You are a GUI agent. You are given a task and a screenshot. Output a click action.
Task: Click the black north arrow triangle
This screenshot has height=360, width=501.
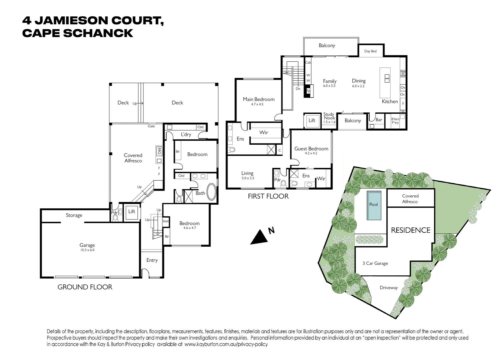259,237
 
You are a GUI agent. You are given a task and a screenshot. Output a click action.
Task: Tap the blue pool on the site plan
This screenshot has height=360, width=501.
374,205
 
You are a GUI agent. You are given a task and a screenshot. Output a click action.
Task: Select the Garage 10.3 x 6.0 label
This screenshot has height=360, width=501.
87,247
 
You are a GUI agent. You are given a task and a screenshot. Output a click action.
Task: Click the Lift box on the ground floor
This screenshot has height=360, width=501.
132,212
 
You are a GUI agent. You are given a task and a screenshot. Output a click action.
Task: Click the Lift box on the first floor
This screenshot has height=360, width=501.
312,121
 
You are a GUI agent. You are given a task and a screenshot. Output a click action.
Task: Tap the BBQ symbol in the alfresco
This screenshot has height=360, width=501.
159,151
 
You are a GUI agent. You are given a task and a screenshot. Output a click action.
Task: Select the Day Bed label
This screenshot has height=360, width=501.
370,51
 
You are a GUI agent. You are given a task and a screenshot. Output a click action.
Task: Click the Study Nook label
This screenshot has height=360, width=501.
329,118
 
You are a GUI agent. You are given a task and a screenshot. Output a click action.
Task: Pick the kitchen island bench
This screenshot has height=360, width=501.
385,80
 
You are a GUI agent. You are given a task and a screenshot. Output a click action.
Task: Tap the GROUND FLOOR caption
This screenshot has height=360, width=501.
85,287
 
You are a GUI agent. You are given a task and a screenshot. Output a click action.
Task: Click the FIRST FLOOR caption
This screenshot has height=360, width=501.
268,196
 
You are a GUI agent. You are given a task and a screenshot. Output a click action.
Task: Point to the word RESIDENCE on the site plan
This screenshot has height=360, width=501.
411,230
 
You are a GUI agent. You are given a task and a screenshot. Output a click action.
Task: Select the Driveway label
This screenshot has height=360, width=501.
389,288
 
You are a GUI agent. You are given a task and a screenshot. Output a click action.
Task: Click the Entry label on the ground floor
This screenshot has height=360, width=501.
152,260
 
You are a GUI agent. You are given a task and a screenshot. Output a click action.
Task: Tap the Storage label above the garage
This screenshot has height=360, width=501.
74,215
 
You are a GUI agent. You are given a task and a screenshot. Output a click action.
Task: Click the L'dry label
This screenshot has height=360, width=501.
186,135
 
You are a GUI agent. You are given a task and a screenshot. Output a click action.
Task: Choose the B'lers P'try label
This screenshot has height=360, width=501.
395,121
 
